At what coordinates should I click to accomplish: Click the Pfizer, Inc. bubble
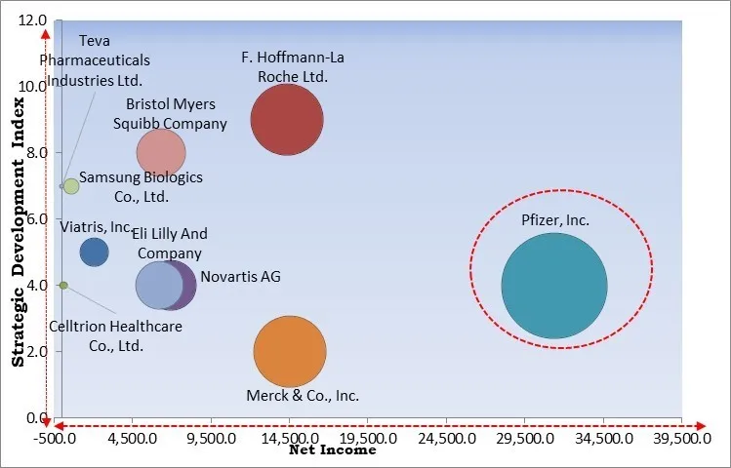[x=554, y=285]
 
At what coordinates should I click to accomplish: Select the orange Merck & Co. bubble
[x=289, y=352]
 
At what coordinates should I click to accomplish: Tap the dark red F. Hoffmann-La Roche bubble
[x=286, y=120]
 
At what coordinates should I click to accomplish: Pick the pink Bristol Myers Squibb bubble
[x=161, y=152]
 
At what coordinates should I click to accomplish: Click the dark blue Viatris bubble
[x=94, y=252]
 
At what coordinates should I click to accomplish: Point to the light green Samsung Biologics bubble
[x=71, y=186]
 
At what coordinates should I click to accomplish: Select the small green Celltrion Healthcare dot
[x=63, y=285]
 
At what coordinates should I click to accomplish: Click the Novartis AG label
[x=240, y=277]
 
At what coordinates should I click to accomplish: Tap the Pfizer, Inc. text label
[x=555, y=220]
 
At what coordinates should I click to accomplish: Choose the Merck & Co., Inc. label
[x=303, y=396]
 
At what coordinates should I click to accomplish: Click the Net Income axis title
[x=332, y=450]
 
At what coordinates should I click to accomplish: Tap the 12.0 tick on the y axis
[x=34, y=20]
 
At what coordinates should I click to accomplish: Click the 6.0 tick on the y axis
[x=36, y=219]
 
